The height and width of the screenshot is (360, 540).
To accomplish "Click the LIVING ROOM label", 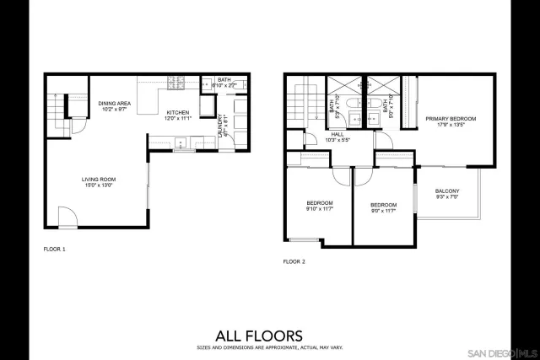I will [98, 179].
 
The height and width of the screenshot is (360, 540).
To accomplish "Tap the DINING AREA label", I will [112, 103].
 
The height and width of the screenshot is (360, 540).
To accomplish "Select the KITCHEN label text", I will [177, 112].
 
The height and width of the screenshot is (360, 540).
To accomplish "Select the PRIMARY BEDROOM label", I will [451, 119].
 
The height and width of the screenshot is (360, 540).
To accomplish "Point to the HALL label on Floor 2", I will [337, 134].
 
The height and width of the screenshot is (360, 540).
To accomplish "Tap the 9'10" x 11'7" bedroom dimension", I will [319, 209].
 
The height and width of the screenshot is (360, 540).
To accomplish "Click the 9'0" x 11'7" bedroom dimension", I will [383, 211].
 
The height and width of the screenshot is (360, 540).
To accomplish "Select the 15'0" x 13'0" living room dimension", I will [98, 185].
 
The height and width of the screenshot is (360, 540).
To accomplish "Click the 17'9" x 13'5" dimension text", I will [451, 126].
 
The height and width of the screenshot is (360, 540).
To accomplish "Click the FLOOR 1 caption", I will [54, 250].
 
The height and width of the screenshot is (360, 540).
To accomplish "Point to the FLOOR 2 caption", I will [294, 261].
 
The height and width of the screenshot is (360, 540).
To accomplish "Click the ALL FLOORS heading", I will [269, 335].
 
